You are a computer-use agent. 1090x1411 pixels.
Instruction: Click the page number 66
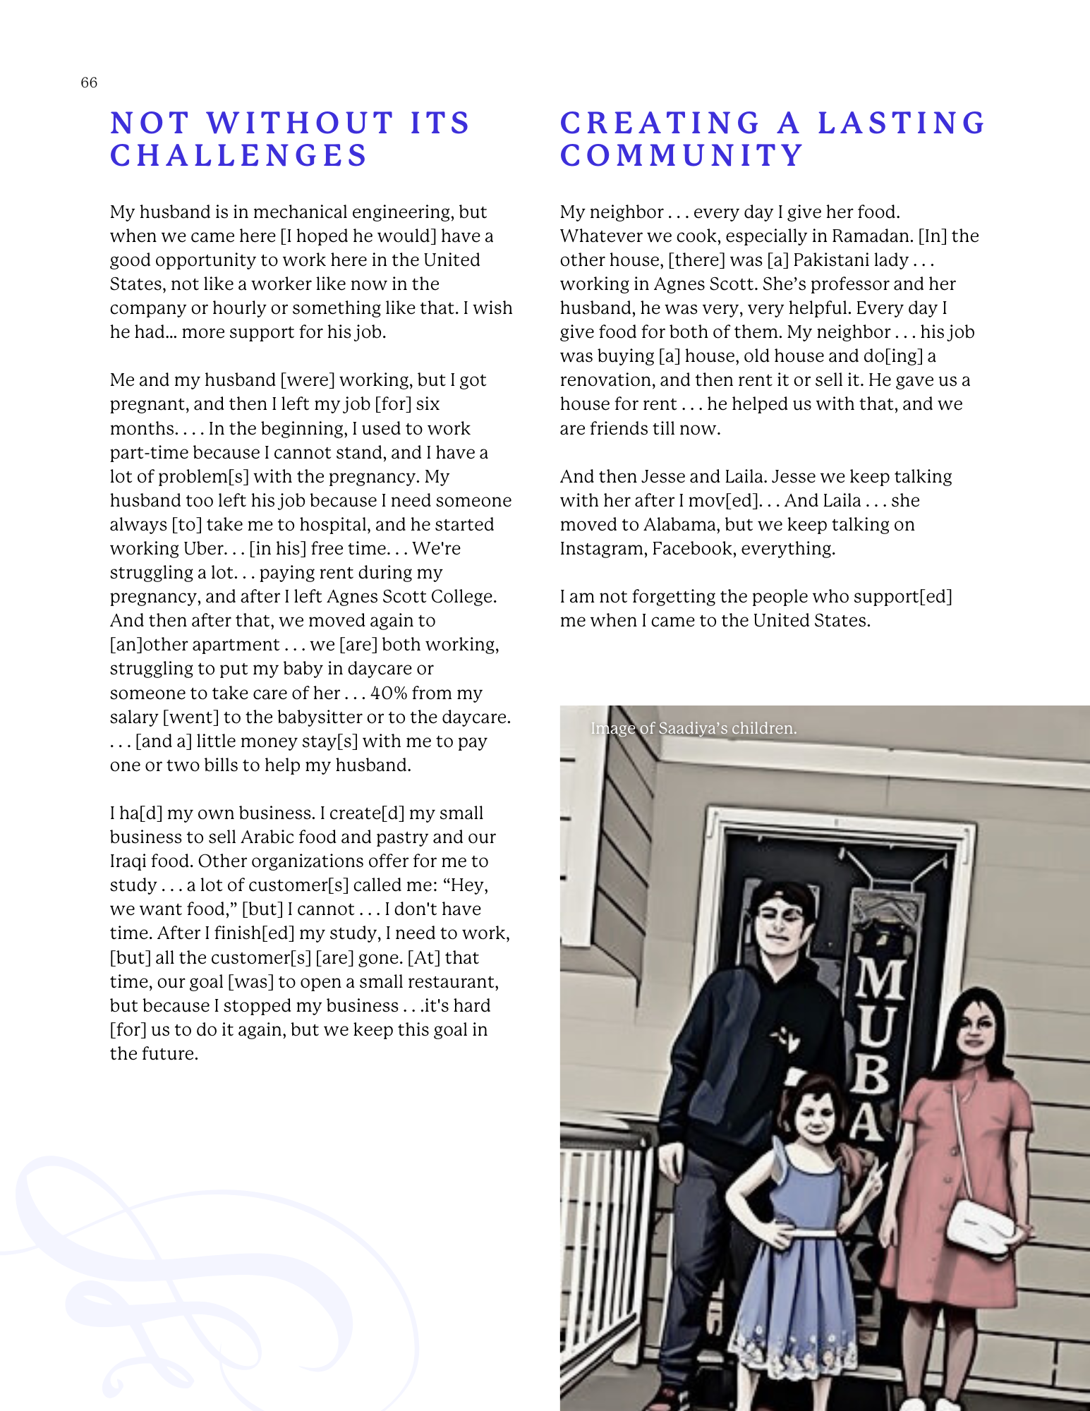[89, 83]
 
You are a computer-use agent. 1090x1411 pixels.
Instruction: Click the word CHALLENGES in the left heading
[239, 156]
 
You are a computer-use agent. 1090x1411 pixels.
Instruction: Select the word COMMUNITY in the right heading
[682, 156]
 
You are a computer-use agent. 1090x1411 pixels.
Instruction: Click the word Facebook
[692, 549]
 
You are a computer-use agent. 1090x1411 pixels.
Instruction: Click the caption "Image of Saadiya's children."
[694, 728]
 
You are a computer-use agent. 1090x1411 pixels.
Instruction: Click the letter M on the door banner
[879, 979]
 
